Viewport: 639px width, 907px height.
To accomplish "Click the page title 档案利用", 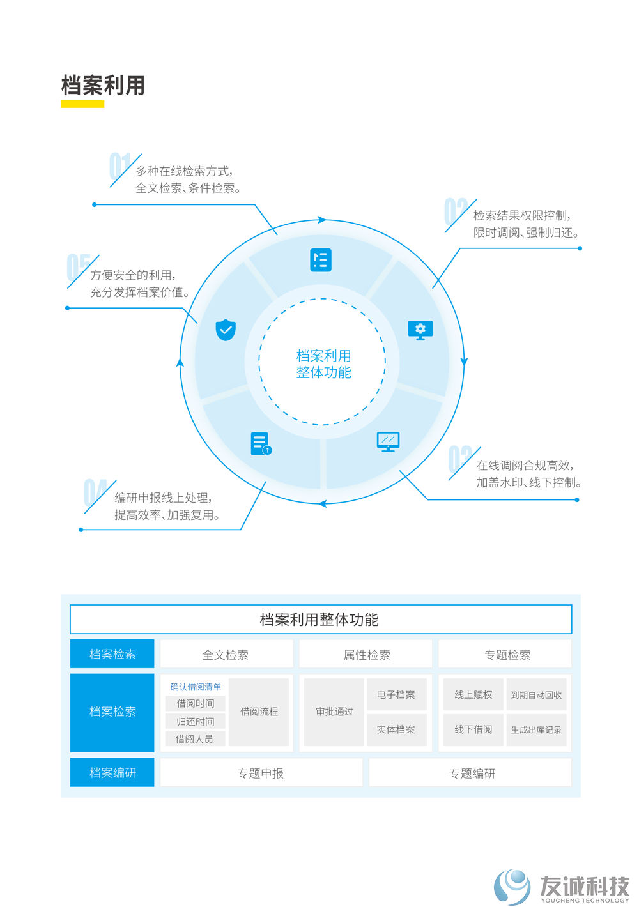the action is point(103,85).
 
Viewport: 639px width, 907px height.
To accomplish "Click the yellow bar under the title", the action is point(82,104).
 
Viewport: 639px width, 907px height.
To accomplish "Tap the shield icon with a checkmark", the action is point(226,330).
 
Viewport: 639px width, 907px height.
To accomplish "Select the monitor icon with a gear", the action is point(420,330).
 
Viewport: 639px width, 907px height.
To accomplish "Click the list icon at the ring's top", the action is point(321,259).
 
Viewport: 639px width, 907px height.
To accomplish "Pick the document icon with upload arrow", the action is point(261,444).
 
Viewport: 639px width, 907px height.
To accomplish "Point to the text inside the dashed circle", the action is point(323,363).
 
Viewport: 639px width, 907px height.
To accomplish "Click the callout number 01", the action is point(119,166).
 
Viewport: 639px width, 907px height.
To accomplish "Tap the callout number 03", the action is point(460,459).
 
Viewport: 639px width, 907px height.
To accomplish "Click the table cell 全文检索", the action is point(226,654).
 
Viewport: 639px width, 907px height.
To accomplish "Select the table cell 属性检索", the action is point(366,654).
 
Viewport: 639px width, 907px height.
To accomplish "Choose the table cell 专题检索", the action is point(505,654).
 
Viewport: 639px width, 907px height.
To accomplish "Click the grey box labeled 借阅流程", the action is point(259,712).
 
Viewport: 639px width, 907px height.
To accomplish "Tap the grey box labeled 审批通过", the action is point(334,712).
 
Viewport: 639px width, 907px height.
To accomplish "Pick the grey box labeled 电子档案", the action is point(396,694).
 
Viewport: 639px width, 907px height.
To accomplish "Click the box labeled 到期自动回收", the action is point(536,694).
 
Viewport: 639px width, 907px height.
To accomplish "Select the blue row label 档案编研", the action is point(112,773).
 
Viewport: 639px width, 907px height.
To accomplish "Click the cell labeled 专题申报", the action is point(261,773).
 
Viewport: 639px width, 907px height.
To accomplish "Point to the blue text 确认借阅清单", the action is point(196,687).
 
